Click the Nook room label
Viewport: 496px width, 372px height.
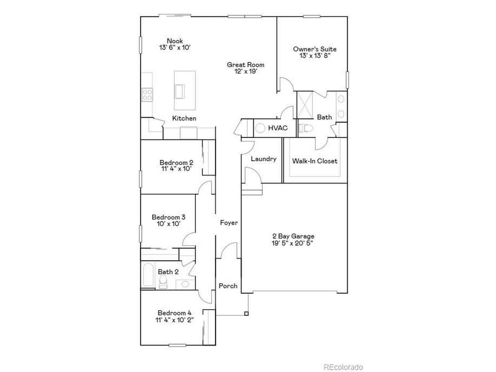[175, 41]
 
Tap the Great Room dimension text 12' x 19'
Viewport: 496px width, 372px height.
[246, 71]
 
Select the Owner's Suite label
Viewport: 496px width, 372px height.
[315, 49]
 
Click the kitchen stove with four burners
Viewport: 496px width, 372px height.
[147, 95]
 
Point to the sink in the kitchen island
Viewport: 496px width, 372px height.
[180, 91]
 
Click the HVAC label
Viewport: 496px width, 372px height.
[278, 128]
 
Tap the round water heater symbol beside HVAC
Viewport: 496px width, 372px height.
[260, 128]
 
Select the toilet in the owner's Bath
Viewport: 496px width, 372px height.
[306, 128]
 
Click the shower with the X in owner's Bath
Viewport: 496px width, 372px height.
[305, 105]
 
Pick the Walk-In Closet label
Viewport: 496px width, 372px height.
[315, 161]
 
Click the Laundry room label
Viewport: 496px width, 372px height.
[263, 159]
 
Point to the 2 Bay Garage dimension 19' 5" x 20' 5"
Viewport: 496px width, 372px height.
[293, 243]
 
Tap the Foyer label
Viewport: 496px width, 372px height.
[229, 223]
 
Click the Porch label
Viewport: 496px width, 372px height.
[228, 286]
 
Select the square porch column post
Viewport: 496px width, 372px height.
[246, 313]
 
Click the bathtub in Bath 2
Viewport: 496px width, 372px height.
[148, 275]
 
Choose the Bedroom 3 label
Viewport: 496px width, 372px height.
[169, 217]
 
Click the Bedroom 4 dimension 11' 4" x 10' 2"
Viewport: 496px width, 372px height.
[174, 320]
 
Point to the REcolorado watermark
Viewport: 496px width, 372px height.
[343, 367]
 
